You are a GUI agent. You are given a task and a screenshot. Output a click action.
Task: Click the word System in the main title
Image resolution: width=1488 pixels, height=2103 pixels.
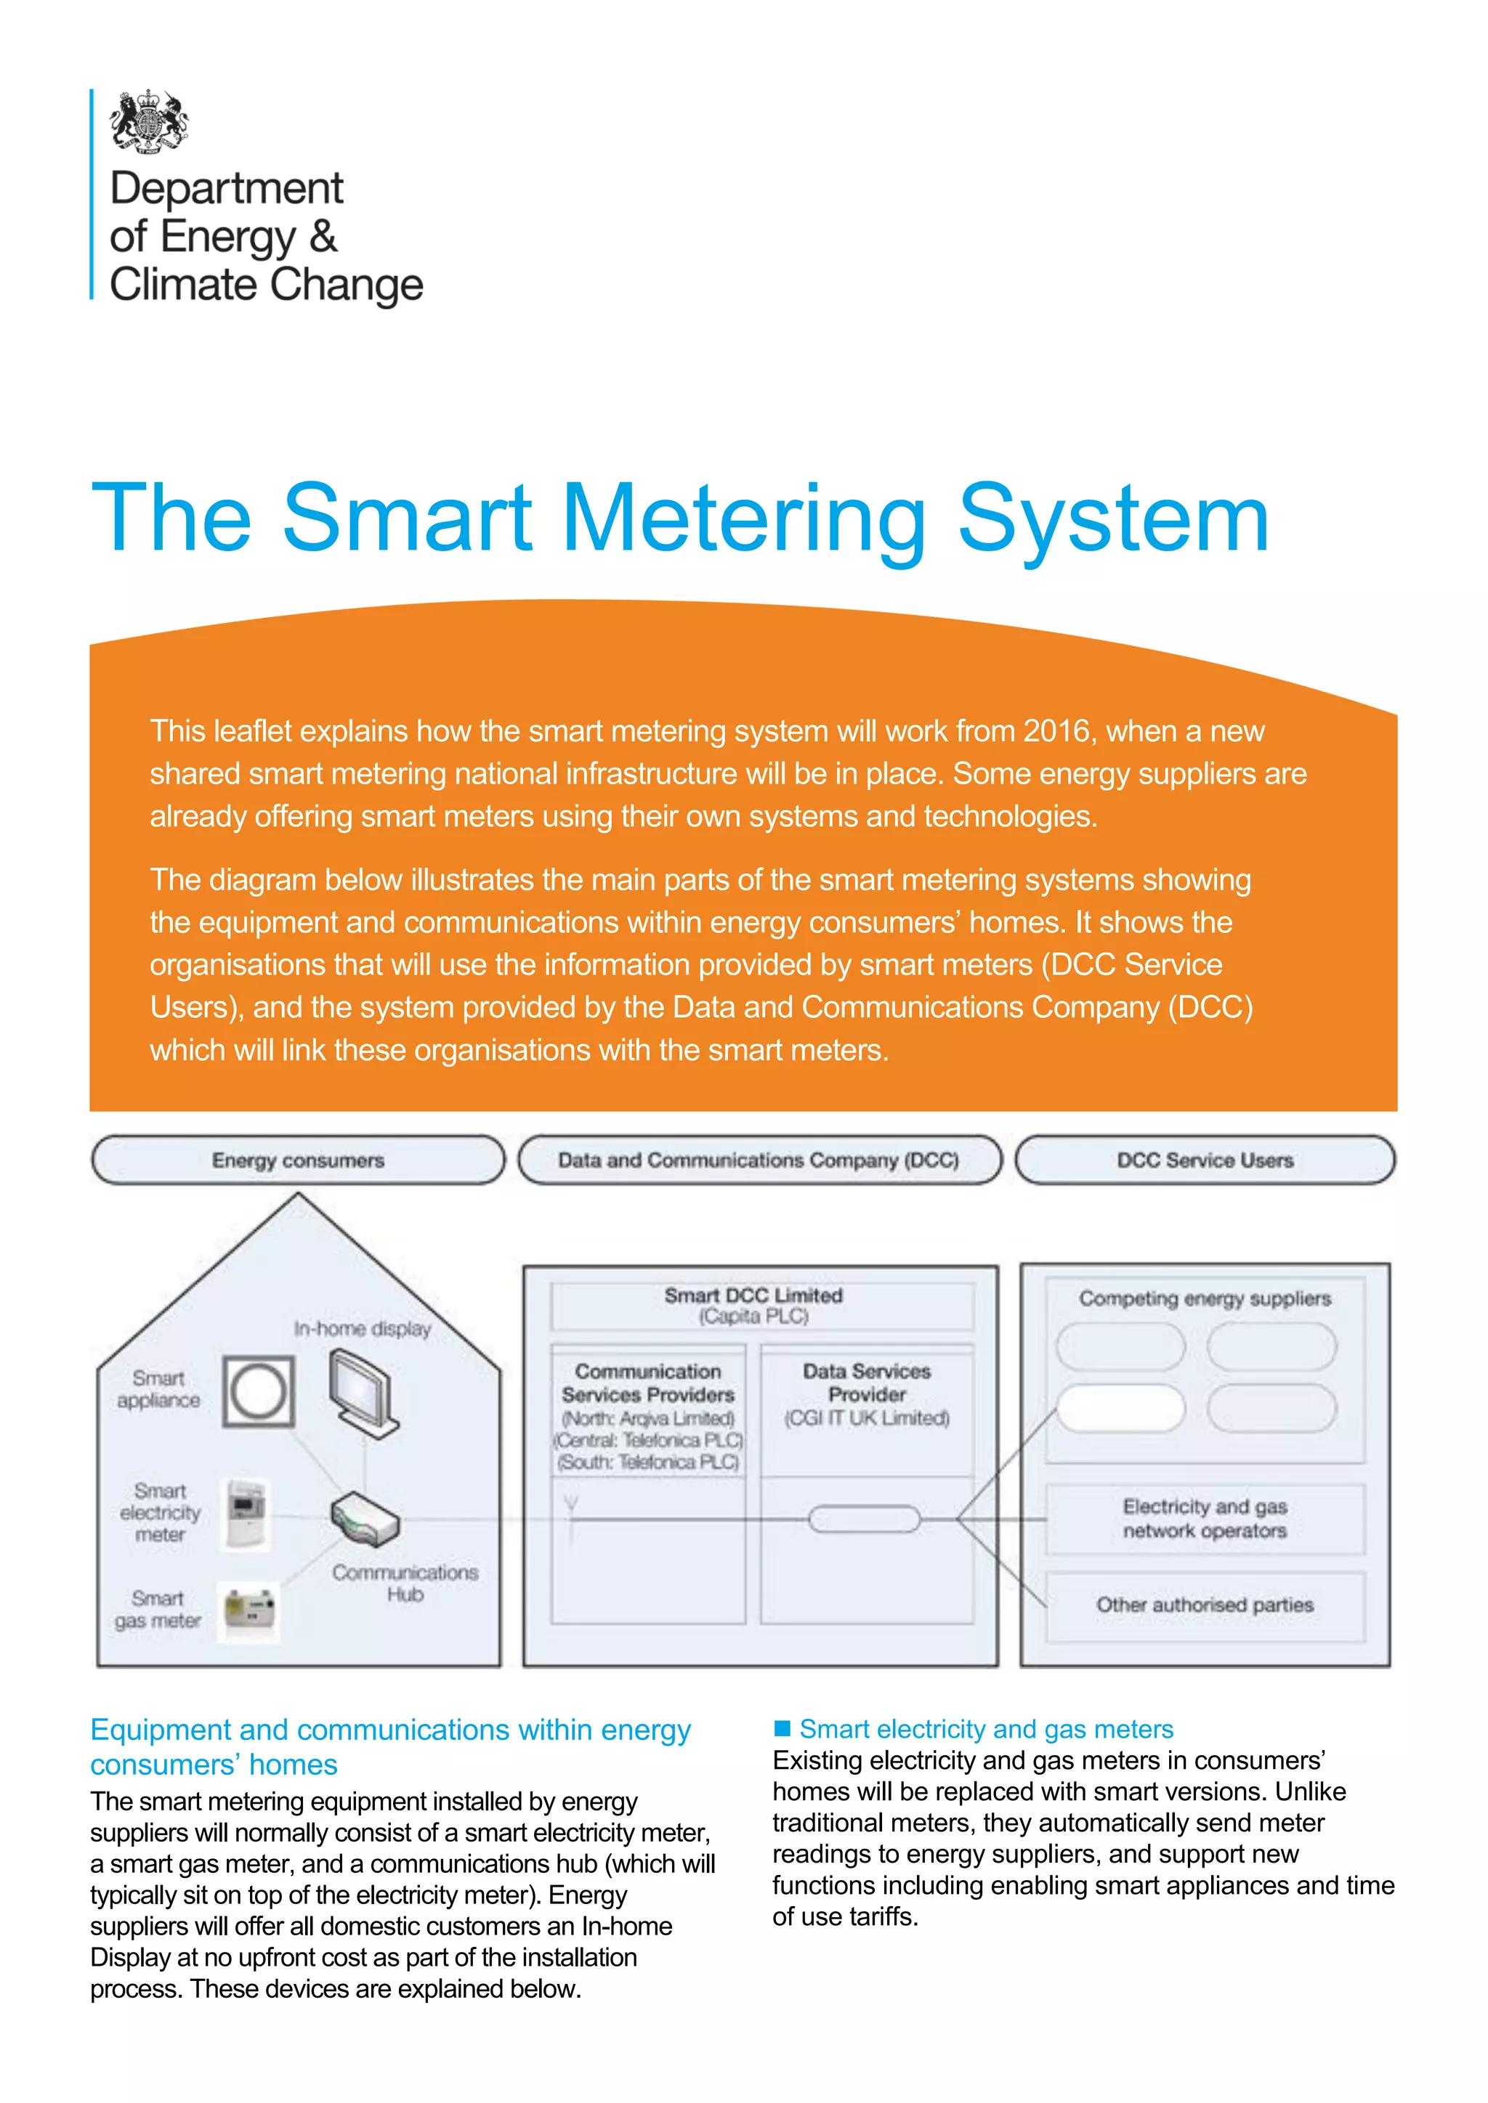tap(1112, 519)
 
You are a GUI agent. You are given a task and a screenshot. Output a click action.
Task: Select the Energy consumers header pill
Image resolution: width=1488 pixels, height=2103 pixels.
tap(298, 1160)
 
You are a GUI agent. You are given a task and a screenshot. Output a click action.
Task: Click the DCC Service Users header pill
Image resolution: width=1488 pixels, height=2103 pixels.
tap(1205, 1160)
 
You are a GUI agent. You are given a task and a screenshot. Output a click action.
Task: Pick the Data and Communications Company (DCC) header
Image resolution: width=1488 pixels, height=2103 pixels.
tap(759, 1160)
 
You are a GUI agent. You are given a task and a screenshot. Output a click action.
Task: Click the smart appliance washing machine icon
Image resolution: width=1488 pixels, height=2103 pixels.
tap(259, 1391)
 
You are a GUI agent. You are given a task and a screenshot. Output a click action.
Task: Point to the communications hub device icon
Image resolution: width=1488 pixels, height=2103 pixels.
tap(365, 1518)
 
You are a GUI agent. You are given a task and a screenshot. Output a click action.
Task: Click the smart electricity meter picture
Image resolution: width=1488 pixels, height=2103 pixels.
tap(246, 1512)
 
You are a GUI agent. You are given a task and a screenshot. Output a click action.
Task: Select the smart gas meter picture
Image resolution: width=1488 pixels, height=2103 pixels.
tap(249, 1610)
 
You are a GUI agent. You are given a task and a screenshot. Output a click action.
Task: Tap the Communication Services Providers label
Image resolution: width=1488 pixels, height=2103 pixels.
tap(648, 1383)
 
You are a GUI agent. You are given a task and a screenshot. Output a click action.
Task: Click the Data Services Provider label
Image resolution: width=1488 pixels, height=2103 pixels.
tap(866, 1383)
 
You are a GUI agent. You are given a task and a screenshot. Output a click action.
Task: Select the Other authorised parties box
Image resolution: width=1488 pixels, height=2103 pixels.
tap(1205, 1605)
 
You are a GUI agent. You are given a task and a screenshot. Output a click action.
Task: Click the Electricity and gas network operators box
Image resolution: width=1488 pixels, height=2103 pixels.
tap(1205, 1518)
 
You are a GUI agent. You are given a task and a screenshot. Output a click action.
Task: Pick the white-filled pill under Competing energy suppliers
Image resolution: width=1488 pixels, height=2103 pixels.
tap(1120, 1408)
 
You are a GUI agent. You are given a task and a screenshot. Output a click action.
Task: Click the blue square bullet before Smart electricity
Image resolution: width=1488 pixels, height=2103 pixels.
tap(783, 1728)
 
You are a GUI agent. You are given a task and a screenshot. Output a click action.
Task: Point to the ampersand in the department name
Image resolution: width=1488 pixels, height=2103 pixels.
tap(323, 236)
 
